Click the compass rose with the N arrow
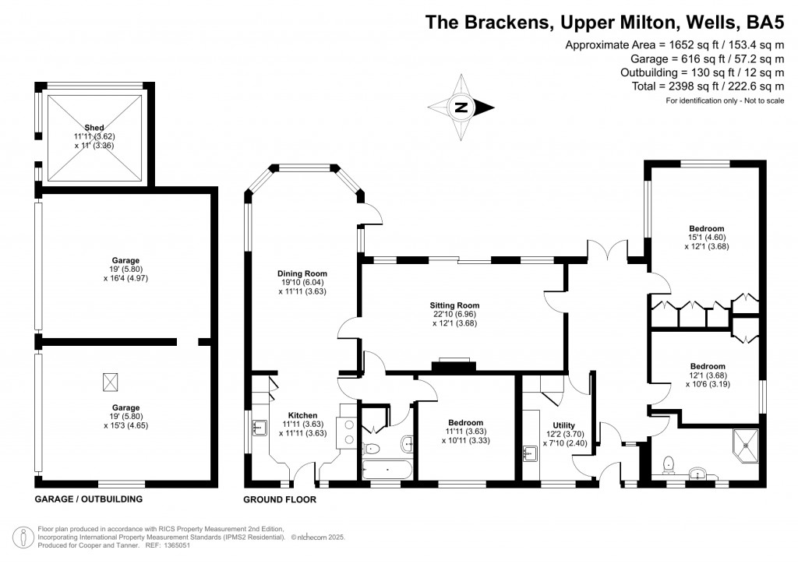point(461,108)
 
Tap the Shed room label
point(94,128)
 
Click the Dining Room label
point(302,274)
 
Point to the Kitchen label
point(302,415)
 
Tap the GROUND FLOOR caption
point(280,499)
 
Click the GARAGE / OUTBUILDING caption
point(89,499)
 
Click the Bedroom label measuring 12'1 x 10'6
point(707,366)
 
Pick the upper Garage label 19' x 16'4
point(125,261)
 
